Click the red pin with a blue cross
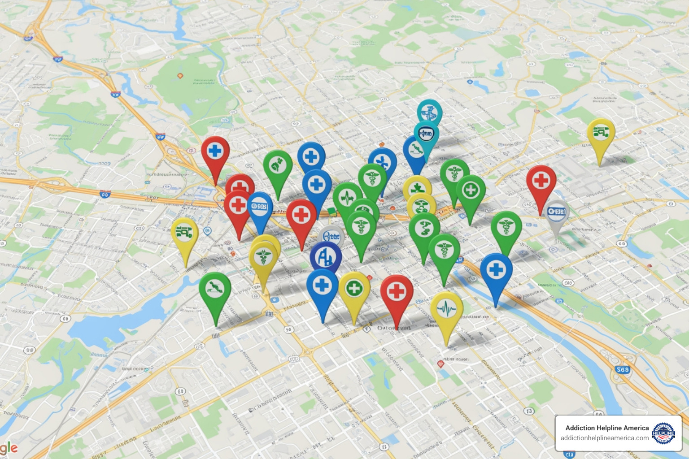[x=215, y=151]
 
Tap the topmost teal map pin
[x=429, y=112]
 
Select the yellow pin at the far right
[x=601, y=132]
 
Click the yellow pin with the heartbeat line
[x=446, y=309]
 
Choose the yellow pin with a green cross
[x=354, y=288]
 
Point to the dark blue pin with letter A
[x=326, y=257]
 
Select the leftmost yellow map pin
[x=185, y=233]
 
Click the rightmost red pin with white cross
[x=541, y=181]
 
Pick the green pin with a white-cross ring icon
[x=471, y=190]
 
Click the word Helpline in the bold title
[x=607, y=428]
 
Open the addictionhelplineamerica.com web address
[x=604, y=438]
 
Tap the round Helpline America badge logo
[x=663, y=433]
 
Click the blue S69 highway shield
[x=622, y=370]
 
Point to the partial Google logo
[x=9, y=448]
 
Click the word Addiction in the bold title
[x=580, y=428]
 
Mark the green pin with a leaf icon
[x=278, y=166]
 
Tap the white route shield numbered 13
[x=529, y=411]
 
